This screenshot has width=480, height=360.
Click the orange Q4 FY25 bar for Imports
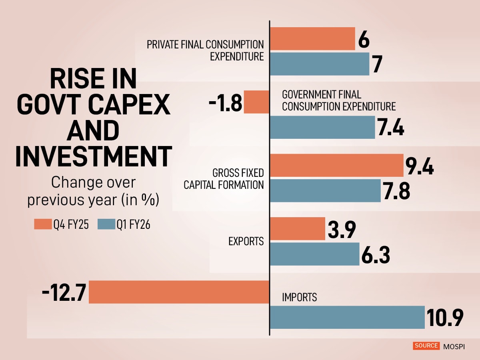179,292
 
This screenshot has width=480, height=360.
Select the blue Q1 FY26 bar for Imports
347,317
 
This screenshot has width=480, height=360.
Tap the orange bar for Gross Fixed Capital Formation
337,165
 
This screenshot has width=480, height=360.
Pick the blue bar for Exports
315,254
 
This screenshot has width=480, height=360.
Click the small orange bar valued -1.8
256,102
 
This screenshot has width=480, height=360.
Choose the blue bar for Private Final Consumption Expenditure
320,64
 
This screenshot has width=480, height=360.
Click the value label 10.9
444,318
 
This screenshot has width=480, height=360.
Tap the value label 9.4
420,166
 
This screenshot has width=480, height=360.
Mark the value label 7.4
390,128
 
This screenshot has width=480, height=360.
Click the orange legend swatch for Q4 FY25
43,225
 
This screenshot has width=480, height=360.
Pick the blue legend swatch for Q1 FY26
106,225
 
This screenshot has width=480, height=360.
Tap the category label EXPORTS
246,242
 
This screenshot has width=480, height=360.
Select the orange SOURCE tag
426,346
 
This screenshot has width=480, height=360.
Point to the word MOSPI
454,346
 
